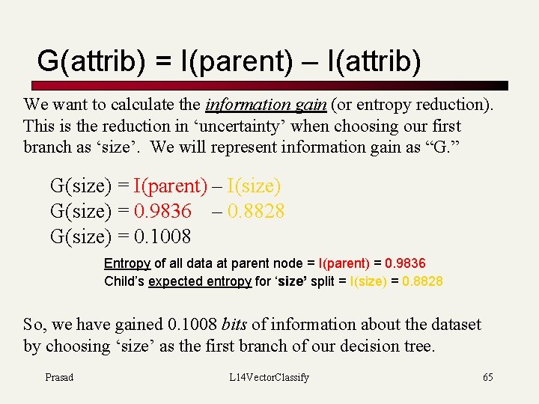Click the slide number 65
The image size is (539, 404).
pos(488,377)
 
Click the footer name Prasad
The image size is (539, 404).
pos(59,377)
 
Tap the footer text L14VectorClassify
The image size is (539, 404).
pos(269,377)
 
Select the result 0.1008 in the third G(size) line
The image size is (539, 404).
pos(162,237)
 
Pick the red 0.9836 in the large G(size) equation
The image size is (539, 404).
pos(162,212)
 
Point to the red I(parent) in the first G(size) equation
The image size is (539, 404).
pos(170,186)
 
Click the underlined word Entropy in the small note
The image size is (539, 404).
pos(127,263)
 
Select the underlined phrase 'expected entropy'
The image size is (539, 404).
pos(200,281)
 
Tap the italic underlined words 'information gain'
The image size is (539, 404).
pos(266,105)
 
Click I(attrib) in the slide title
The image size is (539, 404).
pos(374,61)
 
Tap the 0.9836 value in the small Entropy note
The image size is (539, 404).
pos(405,263)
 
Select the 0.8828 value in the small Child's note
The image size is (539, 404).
pos(422,281)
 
